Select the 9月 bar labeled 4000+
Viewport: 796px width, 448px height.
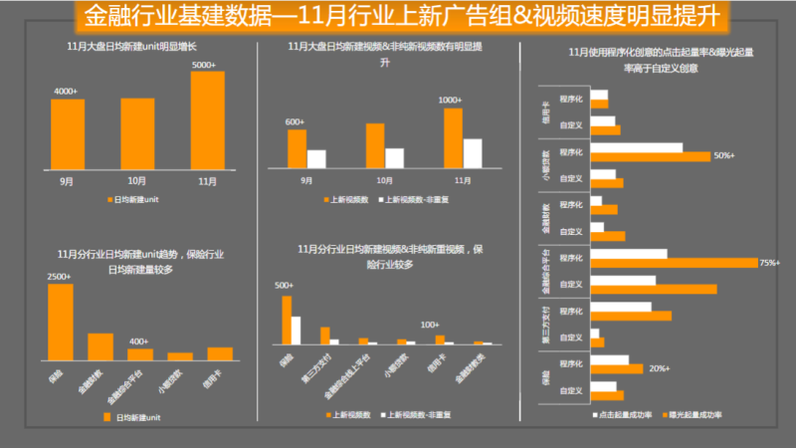click(x=68, y=134)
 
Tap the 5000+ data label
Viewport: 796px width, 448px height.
click(x=204, y=65)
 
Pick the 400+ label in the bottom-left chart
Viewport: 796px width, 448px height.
click(x=138, y=341)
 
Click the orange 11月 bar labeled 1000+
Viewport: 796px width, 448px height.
click(x=453, y=138)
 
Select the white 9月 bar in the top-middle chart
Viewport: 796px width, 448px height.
click(x=316, y=158)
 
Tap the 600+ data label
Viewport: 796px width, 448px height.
click(x=295, y=121)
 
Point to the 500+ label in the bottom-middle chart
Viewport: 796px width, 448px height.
click(x=285, y=286)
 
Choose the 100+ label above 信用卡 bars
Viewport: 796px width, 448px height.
click(x=430, y=326)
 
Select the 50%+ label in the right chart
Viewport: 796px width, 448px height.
click(x=723, y=155)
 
